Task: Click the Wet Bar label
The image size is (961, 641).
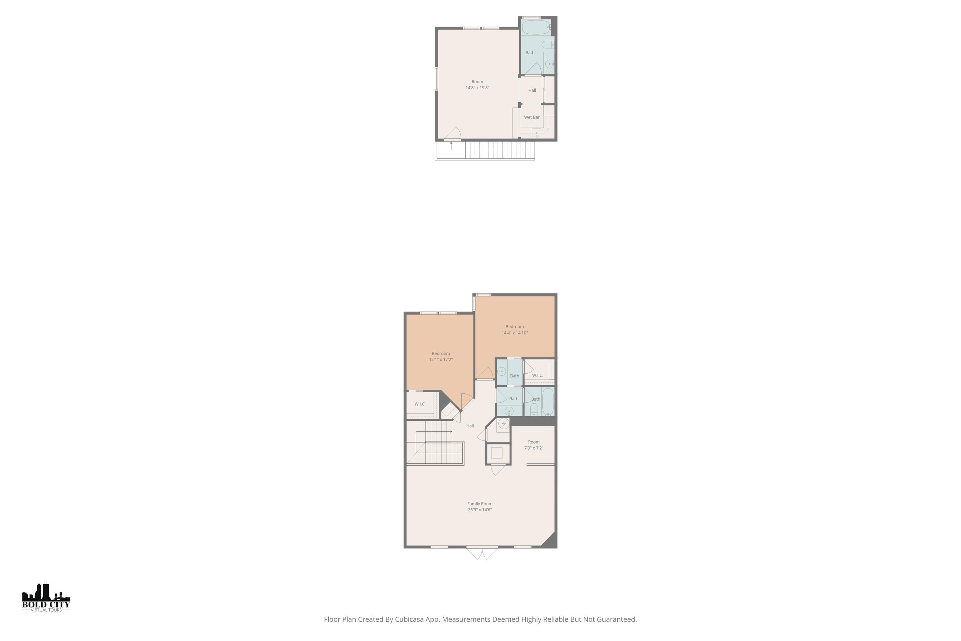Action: click(x=531, y=117)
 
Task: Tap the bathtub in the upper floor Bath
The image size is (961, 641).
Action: click(x=536, y=27)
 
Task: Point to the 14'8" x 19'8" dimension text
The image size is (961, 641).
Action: click(x=477, y=88)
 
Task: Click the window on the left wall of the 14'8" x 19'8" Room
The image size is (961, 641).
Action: click(x=436, y=79)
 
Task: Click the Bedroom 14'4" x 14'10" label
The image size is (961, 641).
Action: click(x=514, y=327)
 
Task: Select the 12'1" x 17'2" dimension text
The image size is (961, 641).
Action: click(x=440, y=360)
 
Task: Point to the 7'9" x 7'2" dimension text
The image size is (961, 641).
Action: click(x=534, y=448)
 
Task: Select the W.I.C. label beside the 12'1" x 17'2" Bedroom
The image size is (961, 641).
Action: click(x=420, y=404)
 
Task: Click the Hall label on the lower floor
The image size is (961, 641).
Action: click(x=470, y=426)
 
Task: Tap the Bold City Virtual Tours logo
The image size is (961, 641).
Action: click(x=46, y=598)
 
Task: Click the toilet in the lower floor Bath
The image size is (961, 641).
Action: click(x=534, y=409)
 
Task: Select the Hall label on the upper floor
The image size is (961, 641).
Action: click(x=532, y=90)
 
